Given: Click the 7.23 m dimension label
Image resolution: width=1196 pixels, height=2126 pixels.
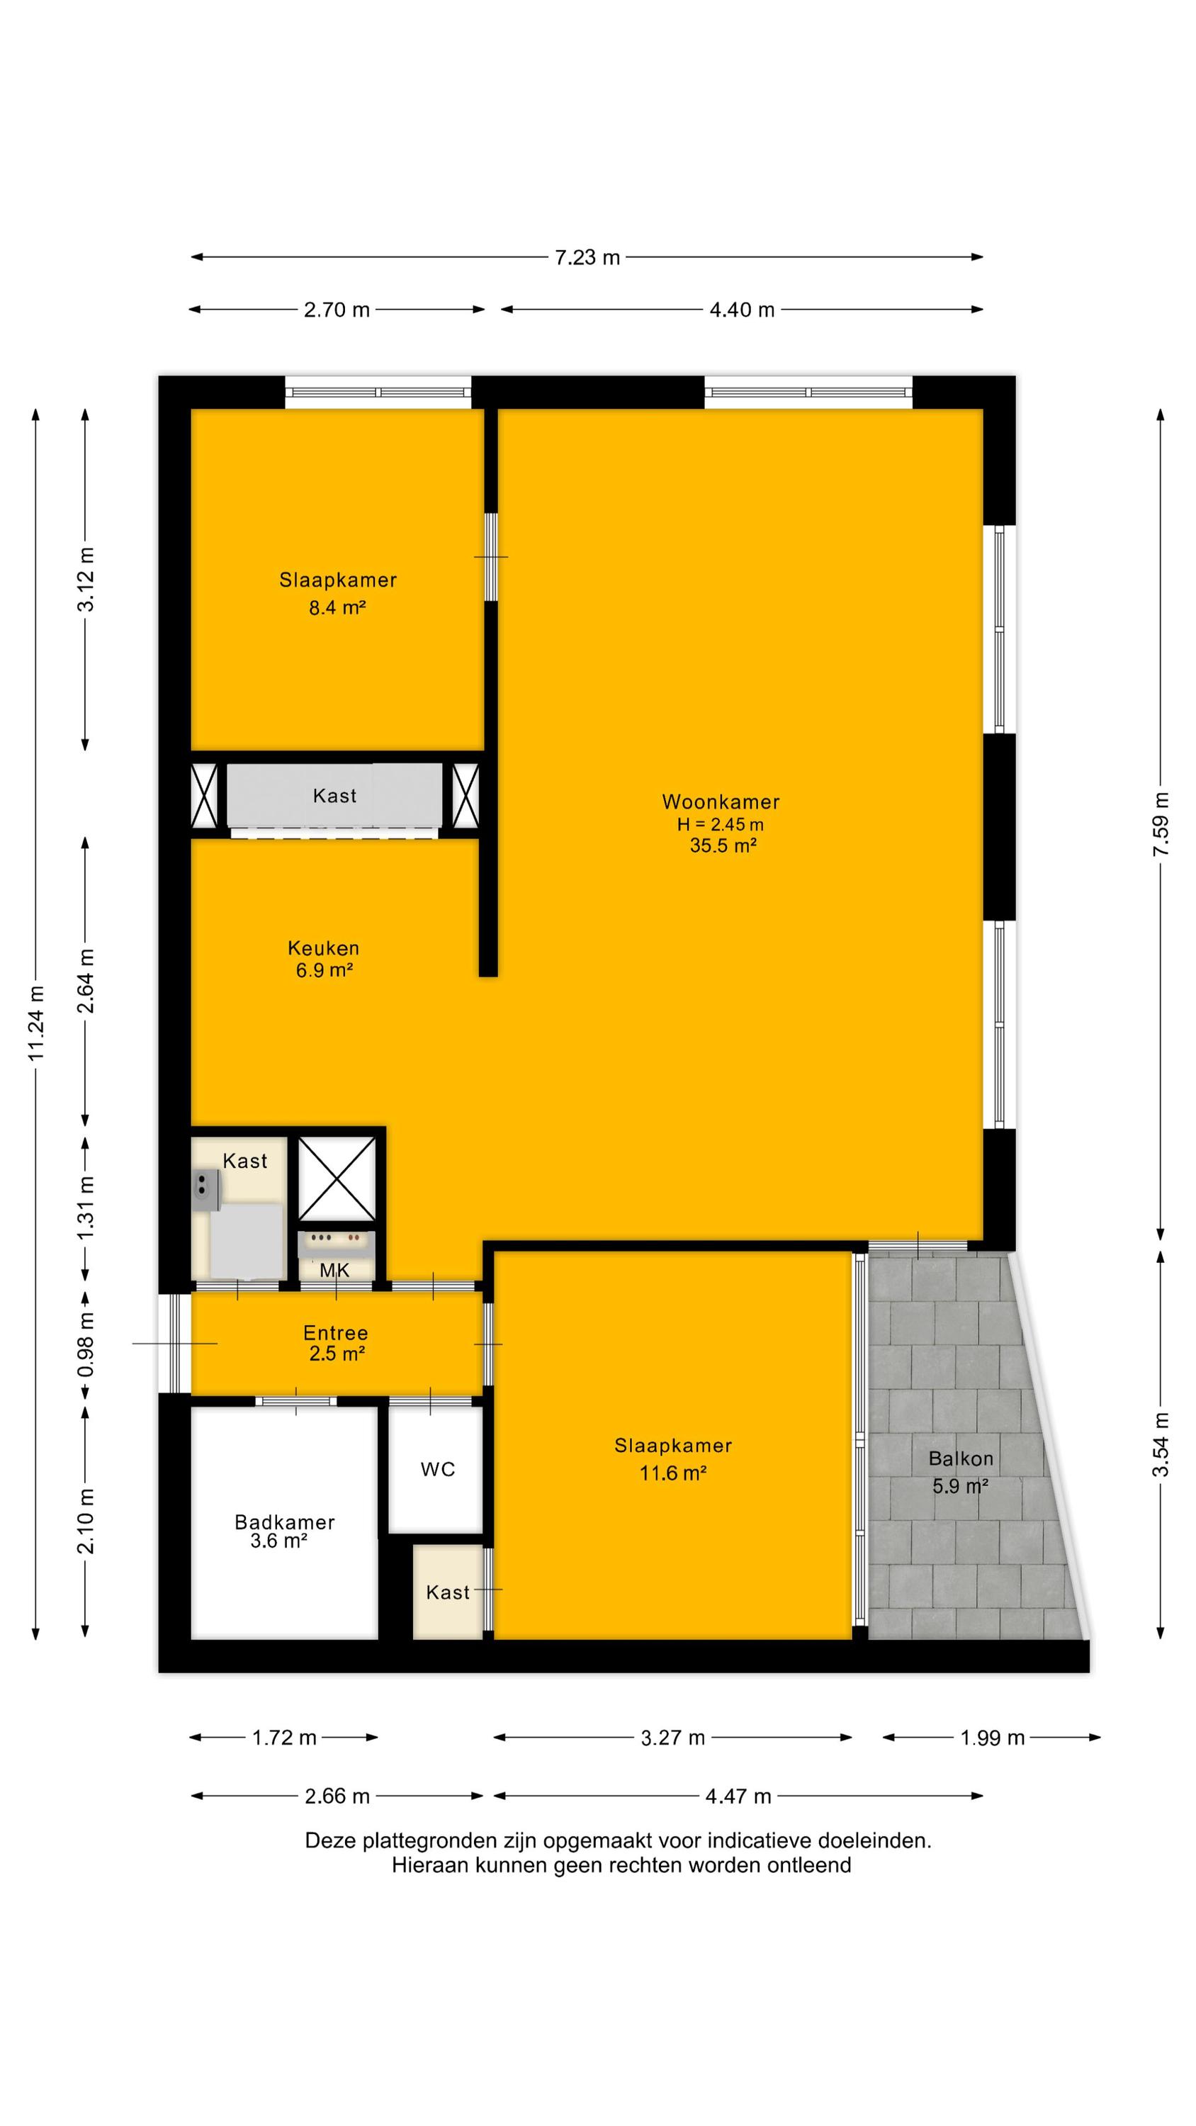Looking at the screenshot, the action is click(587, 257).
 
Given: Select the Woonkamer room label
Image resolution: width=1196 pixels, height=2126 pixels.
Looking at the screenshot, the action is click(721, 802).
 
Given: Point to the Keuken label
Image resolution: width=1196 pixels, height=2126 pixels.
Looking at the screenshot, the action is click(324, 948).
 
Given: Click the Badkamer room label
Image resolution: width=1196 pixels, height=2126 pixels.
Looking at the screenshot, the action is click(285, 1523).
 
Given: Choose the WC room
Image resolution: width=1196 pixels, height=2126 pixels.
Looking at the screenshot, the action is click(437, 1469).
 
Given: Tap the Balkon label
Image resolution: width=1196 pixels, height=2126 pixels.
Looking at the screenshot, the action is click(961, 1458).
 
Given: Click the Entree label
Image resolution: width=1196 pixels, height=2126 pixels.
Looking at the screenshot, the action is click(335, 1333).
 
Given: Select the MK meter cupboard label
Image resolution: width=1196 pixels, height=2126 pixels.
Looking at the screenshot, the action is click(334, 1270).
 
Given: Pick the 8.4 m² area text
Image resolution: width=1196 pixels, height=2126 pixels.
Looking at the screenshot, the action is click(337, 608).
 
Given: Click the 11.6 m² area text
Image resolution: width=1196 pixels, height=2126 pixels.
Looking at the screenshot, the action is click(672, 1473).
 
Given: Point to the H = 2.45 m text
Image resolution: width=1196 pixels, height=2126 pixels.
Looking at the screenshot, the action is click(721, 824).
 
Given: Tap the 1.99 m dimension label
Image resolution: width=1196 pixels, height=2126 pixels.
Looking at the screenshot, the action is click(992, 1738).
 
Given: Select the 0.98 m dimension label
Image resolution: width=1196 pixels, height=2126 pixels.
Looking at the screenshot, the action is click(86, 1344).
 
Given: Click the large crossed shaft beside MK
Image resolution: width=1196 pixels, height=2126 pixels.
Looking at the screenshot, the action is click(337, 1178).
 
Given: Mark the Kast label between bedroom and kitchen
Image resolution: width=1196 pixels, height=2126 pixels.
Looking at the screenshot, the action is click(334, 796).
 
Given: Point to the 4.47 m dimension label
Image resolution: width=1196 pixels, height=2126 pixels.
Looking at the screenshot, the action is click(738, 1796).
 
